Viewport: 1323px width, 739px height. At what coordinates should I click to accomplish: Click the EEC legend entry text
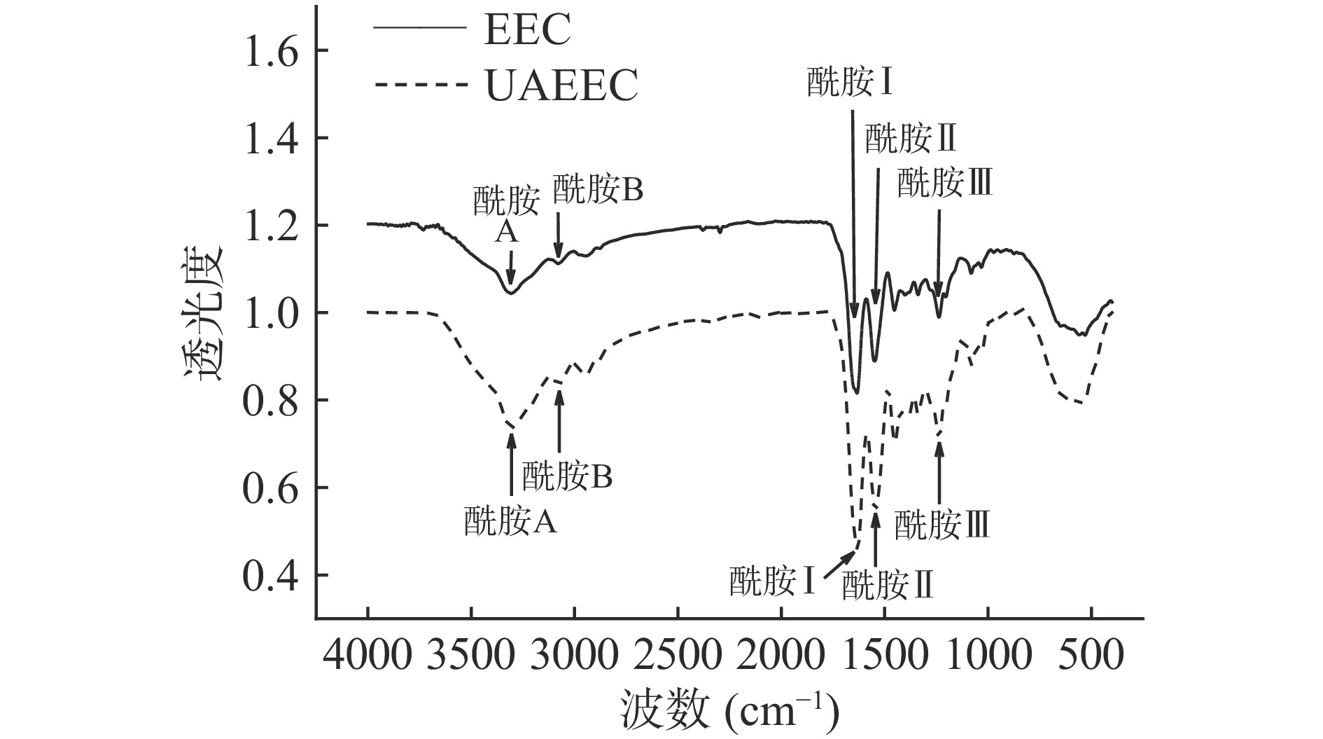coord(527,32)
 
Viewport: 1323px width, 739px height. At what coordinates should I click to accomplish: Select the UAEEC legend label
coord(561,86)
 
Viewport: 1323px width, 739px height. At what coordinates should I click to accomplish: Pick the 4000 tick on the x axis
coord(368,658)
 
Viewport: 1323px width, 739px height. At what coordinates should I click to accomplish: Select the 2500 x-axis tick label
coord(678,658)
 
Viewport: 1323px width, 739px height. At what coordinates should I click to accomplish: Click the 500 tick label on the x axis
coord(1091,658)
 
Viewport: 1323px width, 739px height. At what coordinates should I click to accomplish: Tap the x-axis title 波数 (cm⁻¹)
coord(729,710)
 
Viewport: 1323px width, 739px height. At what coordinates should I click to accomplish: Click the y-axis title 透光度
coord(204,312)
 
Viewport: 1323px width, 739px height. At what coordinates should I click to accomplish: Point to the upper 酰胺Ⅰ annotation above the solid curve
coord(851,83)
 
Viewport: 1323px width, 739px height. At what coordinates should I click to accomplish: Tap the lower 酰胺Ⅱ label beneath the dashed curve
coord(888,585)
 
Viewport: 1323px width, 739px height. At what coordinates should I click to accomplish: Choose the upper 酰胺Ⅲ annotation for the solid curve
coord(945,184)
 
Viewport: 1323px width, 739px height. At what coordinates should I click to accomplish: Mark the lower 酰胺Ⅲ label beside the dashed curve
coord(942,524)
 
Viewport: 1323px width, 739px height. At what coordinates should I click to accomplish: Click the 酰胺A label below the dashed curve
coord(510,521)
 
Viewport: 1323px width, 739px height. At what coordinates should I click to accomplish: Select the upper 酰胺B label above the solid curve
coord(598,189)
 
